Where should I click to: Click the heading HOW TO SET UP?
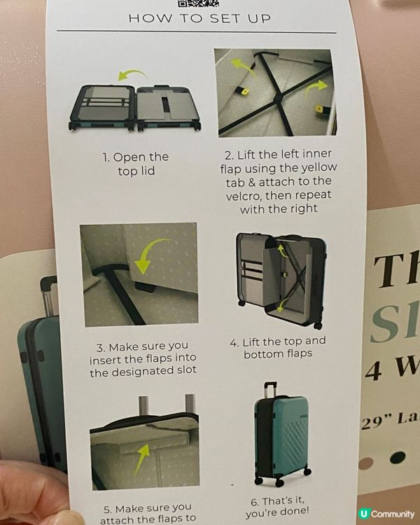[200, 18]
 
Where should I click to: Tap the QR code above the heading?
[198, 3]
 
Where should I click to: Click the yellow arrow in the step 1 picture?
[132, 74]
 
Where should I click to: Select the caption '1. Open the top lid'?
[136, 164]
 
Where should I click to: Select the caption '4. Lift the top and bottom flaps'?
[278, 347]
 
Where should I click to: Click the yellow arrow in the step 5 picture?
[141, 458]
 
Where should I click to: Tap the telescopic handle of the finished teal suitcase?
[270, 389]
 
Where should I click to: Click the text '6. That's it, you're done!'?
[277, 506]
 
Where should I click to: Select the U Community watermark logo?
[386, 514]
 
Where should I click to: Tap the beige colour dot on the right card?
[365, 463]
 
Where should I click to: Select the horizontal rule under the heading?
[197, 31]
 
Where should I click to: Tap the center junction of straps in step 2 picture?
[278, 97]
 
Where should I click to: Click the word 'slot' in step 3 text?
[186, 370]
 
